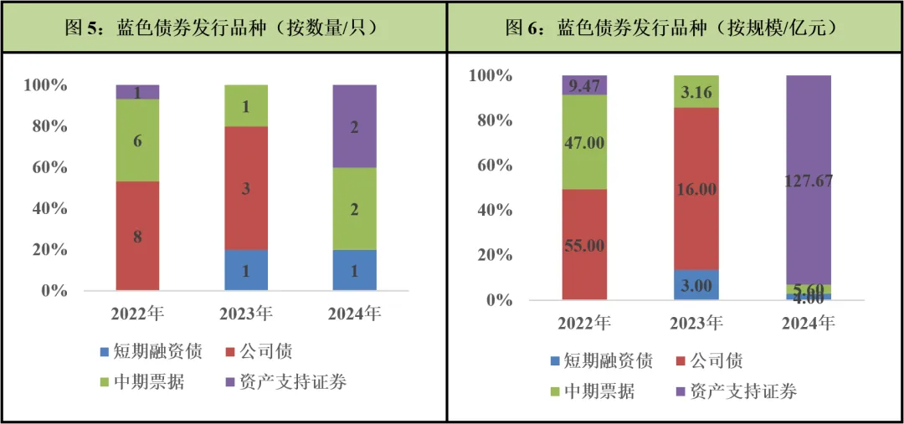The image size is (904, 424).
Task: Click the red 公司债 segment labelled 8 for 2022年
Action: (137, 236)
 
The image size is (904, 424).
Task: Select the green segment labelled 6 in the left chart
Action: (137, 140)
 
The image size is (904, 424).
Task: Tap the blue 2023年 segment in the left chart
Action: (246, 270)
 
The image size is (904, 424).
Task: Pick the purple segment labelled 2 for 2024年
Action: (355, 126)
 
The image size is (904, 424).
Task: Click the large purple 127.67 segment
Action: (809, 180)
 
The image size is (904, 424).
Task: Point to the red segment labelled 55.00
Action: (584, 244)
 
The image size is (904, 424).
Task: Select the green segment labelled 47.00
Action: (584, 142)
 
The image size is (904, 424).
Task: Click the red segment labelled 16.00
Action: (696, 188)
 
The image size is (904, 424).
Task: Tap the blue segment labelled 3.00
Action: (696, 285)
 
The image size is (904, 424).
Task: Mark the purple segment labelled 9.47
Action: (584, 84)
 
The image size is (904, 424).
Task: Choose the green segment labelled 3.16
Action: (696, 91)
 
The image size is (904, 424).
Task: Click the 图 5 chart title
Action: (222, 27)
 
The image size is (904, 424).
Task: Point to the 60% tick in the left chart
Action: (45, 167)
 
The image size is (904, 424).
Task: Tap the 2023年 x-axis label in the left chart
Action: (246, 314)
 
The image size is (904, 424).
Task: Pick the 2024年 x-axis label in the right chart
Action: (809, 323)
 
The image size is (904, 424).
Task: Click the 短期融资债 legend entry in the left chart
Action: (151, 351)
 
